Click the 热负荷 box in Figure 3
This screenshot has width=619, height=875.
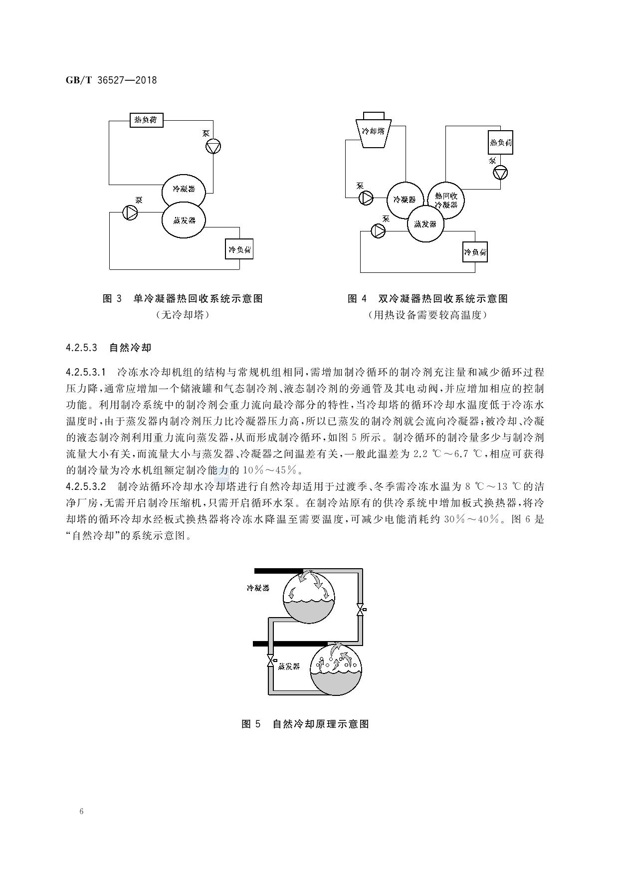146,120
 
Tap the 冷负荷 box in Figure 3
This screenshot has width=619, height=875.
239,249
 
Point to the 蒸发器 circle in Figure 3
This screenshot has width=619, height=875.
184,220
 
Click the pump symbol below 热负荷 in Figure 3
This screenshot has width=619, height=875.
213,147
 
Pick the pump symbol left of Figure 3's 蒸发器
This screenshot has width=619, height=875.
130,213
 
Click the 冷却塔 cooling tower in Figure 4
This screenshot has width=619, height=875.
374,130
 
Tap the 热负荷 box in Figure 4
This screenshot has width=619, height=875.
500,142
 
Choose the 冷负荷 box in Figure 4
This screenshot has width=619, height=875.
475,252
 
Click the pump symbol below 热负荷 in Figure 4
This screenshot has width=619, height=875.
500,173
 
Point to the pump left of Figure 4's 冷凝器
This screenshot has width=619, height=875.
366,198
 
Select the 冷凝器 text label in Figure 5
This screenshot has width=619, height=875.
258,588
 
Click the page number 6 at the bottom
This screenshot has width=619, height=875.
81,811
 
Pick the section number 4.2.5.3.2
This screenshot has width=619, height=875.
86,486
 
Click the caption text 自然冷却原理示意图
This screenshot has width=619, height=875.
321,724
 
